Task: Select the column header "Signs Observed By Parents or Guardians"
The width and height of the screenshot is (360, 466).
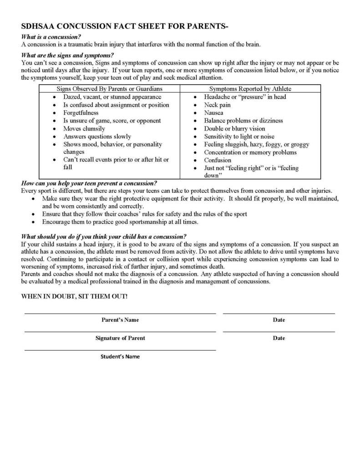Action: [x=109, y=89]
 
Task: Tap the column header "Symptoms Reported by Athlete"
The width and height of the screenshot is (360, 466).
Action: [x=250, y=89]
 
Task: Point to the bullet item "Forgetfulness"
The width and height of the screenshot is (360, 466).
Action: [x=81, y=113]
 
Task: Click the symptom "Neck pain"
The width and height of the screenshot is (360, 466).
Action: [x=217, y=105]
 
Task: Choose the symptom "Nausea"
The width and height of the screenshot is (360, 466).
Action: [x=213, y=113]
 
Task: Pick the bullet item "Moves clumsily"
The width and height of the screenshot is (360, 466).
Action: [x=84, y=129]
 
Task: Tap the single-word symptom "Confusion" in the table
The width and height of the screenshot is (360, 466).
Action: [x=218, y=160]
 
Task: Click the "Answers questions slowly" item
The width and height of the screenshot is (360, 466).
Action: [x=97, y=137]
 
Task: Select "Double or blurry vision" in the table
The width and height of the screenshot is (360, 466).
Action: [x=234, y=129]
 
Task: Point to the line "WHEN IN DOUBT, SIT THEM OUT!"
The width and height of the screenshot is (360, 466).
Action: [x=75, y=296]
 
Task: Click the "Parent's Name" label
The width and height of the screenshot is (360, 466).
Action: [x=120, y=320]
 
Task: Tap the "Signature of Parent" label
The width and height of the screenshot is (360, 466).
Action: [x=120, y=338]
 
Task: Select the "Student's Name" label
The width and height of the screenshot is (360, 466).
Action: [x=120, y=356]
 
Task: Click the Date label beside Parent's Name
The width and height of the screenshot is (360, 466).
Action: [x=279, y=320]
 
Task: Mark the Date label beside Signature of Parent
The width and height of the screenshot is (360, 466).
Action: [x=279, y=338]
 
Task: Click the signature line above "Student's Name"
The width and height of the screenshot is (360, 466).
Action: [x=120, y=350]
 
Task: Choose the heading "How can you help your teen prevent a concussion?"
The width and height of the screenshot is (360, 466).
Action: [x=89, y=184]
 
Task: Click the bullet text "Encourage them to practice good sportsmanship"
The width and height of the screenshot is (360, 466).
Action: [x=120, y=222]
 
